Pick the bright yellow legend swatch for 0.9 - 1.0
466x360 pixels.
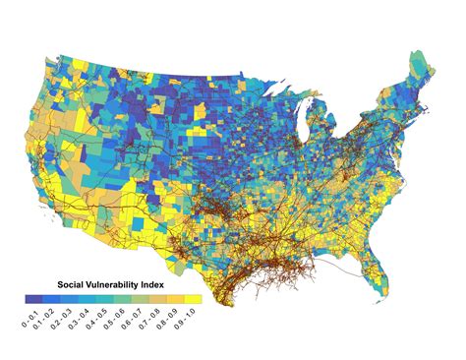coord(193,298)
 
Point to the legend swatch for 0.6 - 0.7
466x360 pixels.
coord(140,298)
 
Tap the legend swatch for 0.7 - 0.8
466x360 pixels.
coord(157,298)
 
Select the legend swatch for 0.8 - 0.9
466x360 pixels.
coord(175,298)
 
